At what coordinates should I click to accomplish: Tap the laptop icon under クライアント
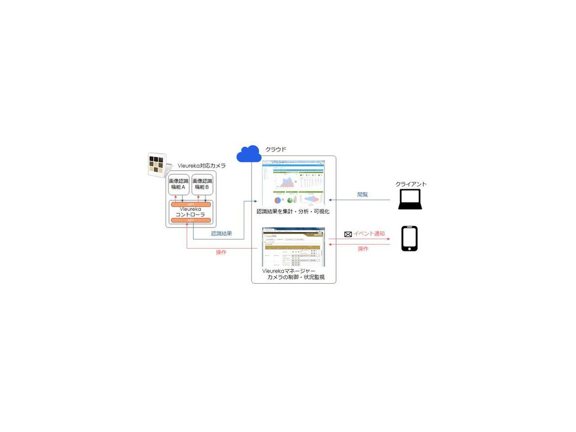[410, 199]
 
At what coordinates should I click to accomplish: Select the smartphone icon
[409, 239]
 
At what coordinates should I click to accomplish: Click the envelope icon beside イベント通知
[348, 234]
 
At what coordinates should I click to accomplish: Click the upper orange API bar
[191, 204]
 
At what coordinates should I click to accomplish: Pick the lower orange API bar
[191, 220]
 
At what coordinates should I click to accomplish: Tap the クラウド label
[276, 149]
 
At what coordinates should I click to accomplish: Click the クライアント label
[411, 184]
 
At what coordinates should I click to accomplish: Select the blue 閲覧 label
[363, 195]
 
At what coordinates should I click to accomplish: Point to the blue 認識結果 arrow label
[222, 234]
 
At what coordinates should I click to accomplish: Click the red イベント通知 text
[369, 234]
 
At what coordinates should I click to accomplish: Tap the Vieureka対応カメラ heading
[202, 166]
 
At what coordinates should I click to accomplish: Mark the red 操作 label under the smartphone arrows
[363, 249]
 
